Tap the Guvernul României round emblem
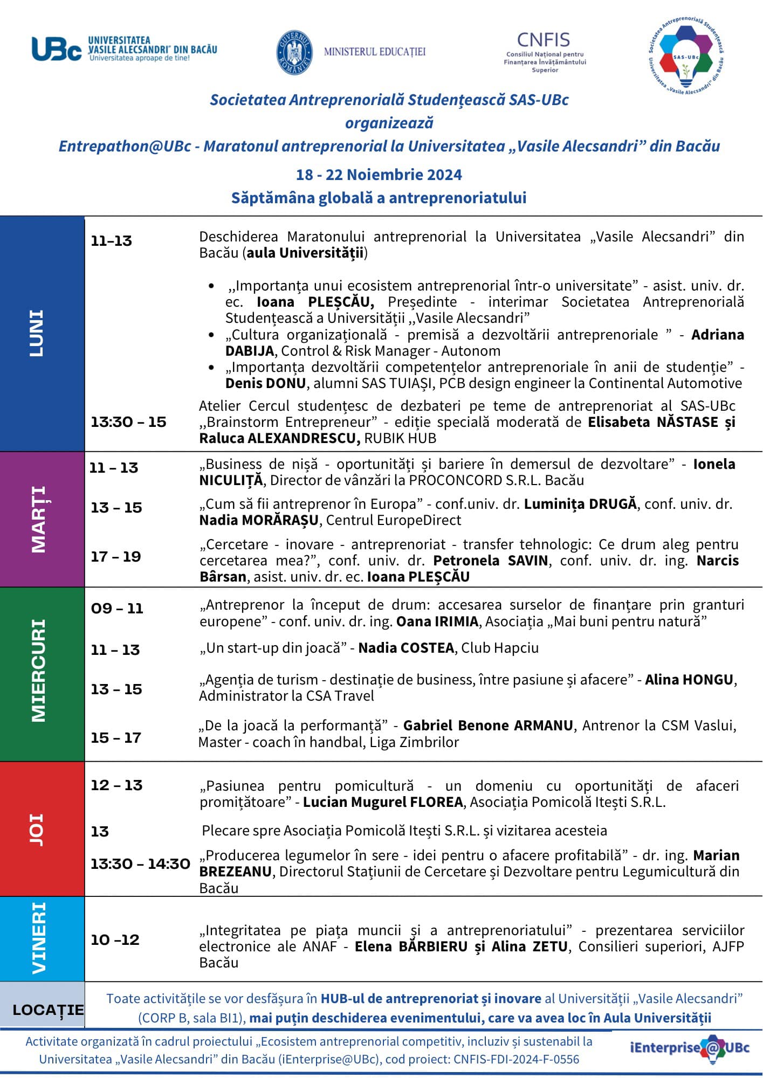click(294, 52)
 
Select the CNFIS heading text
click(543, 40)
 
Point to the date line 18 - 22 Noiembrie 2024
click(379, 175)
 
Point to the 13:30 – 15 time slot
click(128, 422)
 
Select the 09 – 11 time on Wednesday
click(116, 609)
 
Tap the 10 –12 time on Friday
click(115, 939)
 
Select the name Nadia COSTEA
click(406, 648)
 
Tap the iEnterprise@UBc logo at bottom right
click(689, 1048)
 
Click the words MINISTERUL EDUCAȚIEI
click(375, 52)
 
